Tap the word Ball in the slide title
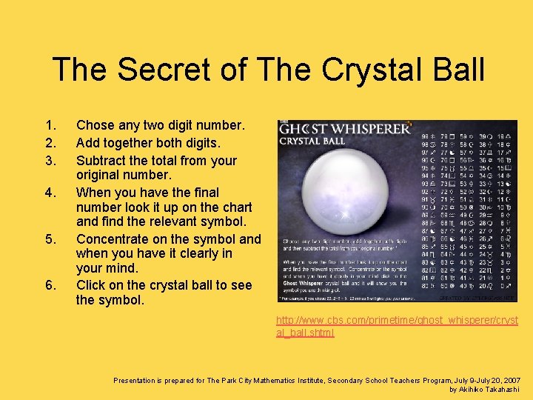click(x=452, y=70)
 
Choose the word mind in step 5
click(x=121, y=268)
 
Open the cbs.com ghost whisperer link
click(x=397, y=326)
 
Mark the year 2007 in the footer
click(x=509, y=380)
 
